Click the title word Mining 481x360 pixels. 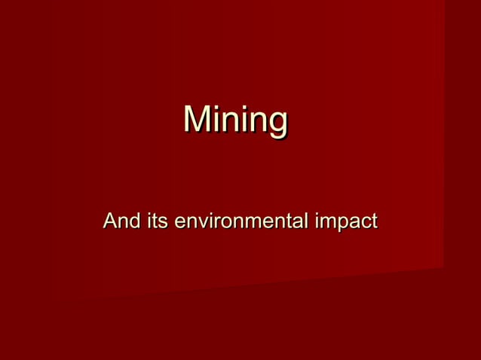click(236, 121)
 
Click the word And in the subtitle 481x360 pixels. click(120, 221)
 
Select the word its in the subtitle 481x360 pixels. click(155, 221)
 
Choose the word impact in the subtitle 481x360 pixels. click(346, 222)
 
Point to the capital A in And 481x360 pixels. click(110, 221)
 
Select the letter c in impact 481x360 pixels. click(362, 223)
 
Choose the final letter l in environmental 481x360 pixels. click(305, 221)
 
